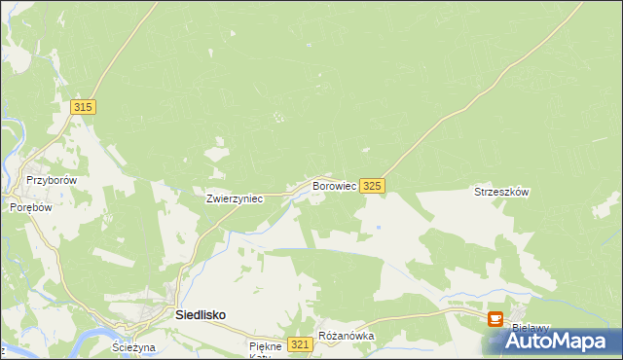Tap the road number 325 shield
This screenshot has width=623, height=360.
tap(372, 186)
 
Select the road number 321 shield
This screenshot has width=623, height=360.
tap(301, 344)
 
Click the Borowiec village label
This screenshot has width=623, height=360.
tap(333, 185)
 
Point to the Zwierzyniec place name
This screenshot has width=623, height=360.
tap(235, 198)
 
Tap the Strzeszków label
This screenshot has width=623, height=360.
tap(501, 193)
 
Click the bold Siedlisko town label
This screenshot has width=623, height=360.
tap(201, 315)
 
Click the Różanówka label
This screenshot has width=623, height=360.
tap(347, 337)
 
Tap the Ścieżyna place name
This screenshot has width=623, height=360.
tap(133, 347)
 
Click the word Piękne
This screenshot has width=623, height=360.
tap(265, 345)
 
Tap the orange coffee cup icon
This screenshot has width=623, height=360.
tap(495, 318)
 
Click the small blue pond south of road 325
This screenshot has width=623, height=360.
tap(379, 228)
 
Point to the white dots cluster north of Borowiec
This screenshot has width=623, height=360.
tap(279, 118)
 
